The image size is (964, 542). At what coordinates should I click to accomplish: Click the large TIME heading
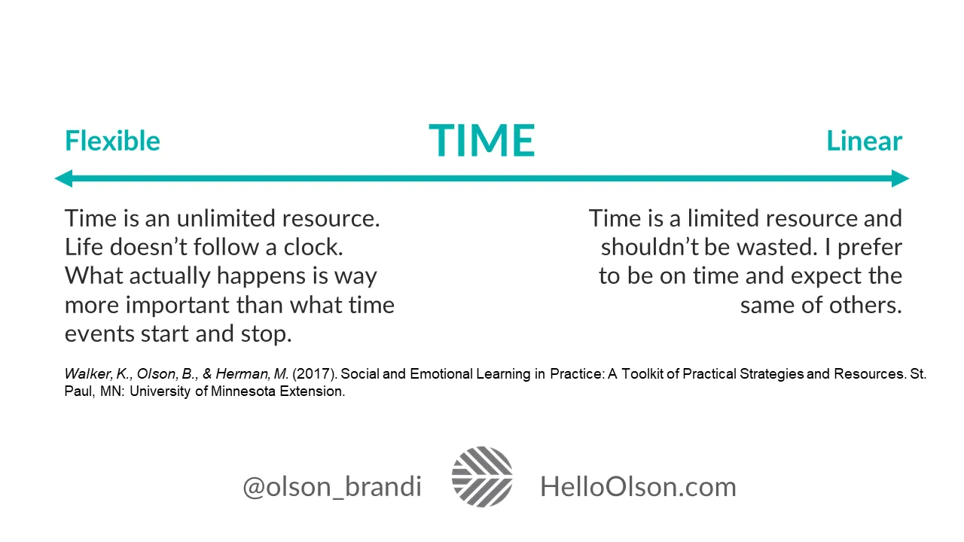(482, 141)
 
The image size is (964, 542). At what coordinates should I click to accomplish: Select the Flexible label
(112, 141)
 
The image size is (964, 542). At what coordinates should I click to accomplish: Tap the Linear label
(864, 141)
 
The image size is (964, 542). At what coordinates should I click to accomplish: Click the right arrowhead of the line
(901, 178)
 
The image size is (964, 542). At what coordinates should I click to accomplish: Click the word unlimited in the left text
(226, 218)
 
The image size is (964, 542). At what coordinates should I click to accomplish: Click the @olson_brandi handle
(331, 486)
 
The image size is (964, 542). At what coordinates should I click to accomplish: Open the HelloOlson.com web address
(638, 486)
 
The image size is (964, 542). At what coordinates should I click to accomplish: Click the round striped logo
(482, 477)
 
